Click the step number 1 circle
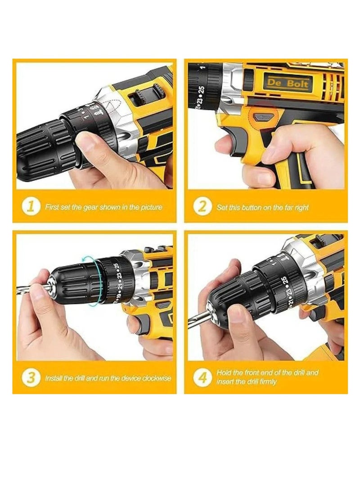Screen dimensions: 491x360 click(31, 207)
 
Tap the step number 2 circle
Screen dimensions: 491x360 click(202, 207)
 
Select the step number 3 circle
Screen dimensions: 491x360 click(31, 378)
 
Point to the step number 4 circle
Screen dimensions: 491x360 click(202, 378)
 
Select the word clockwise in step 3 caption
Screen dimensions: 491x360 click(156, 378)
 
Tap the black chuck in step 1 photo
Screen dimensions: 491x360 click(40, 144)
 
